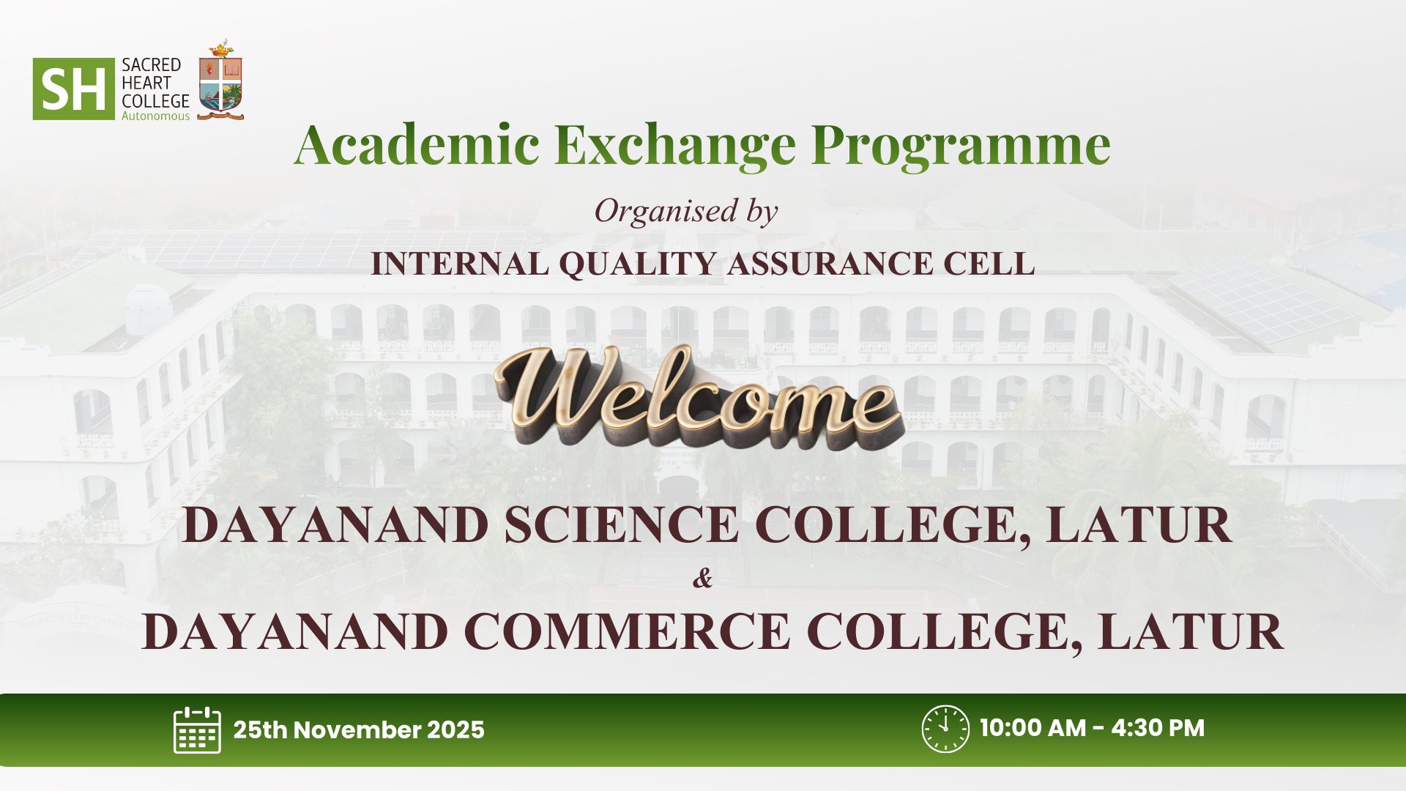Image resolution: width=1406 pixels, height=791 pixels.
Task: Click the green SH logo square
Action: (x=74, y=89)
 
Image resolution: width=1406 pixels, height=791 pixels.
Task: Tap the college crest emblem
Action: (x=220, y=80)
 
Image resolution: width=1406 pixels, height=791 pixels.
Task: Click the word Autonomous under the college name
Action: (x=155, y=116)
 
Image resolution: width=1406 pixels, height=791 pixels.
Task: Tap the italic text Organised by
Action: (x=685, y=212)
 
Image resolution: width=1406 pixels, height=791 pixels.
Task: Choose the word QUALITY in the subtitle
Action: (x=636, y=264)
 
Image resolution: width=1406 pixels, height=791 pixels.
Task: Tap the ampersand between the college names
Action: (x=702, y=579)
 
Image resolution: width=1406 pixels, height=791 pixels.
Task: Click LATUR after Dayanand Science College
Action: (x=1139, y=525)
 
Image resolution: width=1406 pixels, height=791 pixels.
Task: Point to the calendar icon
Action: (x=197, y=729)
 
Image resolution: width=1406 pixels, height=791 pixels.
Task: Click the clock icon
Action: (x=945, y=729)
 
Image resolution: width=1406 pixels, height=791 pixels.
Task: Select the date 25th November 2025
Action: (x=359, y=730)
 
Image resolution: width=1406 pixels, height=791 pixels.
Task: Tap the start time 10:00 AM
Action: (x=1033, y=728)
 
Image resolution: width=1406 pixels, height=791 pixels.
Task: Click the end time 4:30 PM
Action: (x=1158, y=728)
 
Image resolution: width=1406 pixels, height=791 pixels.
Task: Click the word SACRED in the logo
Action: (x=151, y=65)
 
